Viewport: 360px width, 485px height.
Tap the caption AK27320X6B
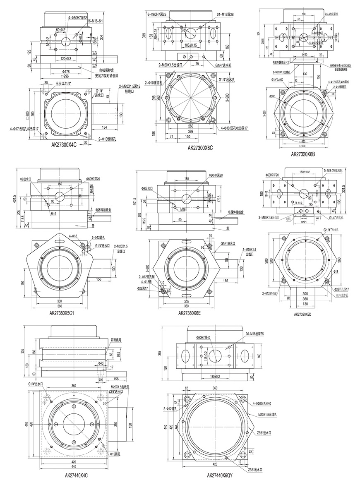(x=303, y=155)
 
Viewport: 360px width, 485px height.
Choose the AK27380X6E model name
(x=190, y=313)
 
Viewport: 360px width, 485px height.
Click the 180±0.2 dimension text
(x=215, y=376)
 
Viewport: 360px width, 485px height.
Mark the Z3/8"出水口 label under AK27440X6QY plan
(x=259, y=470)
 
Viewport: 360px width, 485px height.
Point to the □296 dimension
(x=65, y=76)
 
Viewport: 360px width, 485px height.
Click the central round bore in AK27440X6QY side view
(x=215, y=355)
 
